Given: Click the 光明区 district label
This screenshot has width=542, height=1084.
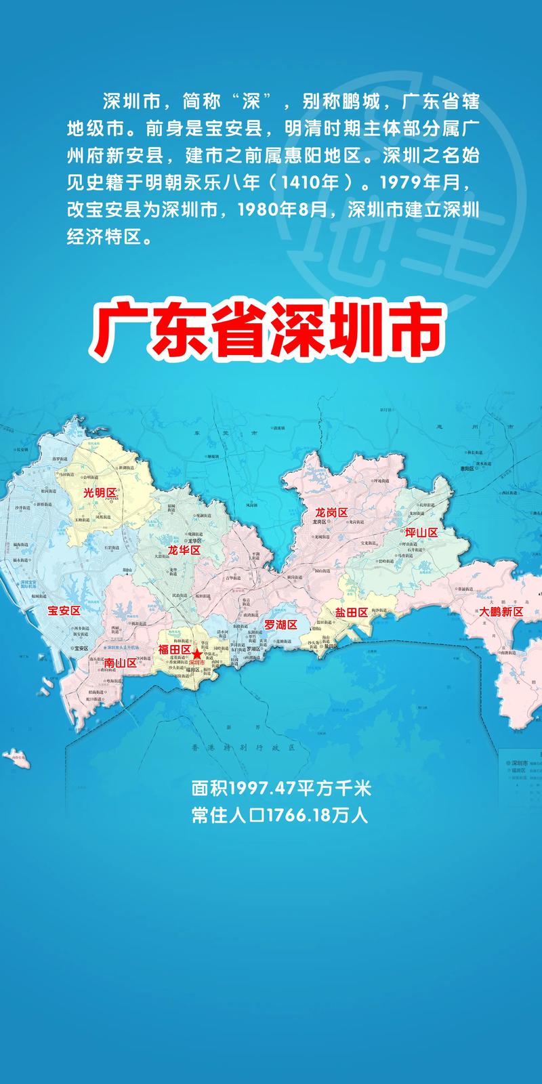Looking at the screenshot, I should (x=100, y=493).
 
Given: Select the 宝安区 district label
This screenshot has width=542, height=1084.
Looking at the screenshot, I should (x=64, y=610).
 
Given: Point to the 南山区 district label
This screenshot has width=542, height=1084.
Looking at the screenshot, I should (x=121, y=663).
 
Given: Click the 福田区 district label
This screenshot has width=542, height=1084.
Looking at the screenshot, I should (x=174, y=649).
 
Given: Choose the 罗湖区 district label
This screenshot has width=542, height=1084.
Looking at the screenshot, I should (x=280, y=624).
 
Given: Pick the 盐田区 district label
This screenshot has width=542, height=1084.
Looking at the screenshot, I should (x=351, y=612).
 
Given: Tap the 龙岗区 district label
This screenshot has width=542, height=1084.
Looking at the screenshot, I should (x=331, y=513).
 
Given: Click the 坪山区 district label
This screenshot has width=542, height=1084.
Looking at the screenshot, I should (x=421, y=533).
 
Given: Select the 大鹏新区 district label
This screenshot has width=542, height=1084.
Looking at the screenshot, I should (x=501, y=611).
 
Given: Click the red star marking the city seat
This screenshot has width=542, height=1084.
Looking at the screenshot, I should (x=196, y=655).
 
